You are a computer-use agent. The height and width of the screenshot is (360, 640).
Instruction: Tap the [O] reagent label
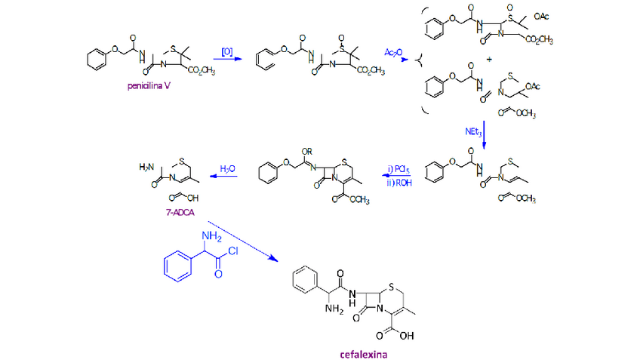click(x=226, y=51)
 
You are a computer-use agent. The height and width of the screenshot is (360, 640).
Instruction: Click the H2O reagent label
click(x=227, y=168)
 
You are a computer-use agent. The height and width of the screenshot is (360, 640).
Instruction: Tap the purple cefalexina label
click(x=364, y=351)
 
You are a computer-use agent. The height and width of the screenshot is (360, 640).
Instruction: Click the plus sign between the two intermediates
click(x=490, y=58)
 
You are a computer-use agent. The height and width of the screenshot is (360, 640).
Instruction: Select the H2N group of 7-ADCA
click(x=147, y=166)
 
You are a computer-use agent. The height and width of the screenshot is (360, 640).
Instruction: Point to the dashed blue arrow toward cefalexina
click(x=241, y=242)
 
